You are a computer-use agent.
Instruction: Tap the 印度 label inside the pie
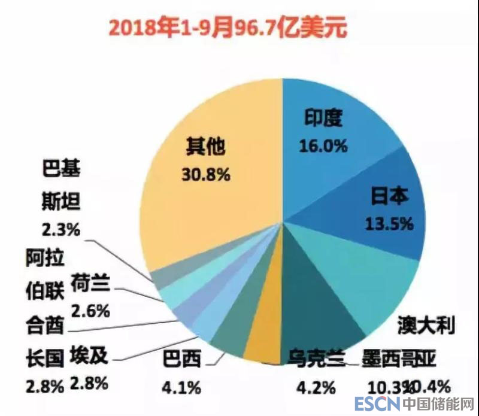[323, 118]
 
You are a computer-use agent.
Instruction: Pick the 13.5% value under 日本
[389, 223]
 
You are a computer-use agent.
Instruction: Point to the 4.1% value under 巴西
[181, 387]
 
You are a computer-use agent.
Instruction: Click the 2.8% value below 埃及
[89, 383]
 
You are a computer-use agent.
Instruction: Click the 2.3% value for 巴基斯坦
[62, 228]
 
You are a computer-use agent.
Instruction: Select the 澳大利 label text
[426, 325]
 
